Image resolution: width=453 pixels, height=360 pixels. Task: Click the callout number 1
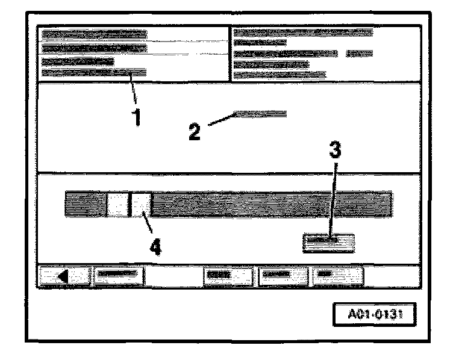tap(138, 116)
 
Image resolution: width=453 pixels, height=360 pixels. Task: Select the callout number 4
tap(155, 246)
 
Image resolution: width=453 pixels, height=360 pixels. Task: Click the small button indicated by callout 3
tap(328, 243)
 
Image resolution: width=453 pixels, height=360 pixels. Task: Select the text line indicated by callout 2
tap(260, 113)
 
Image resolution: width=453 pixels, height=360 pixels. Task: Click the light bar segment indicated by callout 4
tap(141, 205)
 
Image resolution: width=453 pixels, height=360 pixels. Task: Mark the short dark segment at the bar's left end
tap(86, 205)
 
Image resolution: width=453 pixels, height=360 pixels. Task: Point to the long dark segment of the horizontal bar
tap(271, 205)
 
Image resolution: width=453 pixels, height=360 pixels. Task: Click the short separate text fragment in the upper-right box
tap(360, 53)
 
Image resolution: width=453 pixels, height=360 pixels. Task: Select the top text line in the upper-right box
tap(302, 31)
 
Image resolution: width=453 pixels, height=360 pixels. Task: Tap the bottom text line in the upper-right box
tap(279, 75)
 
